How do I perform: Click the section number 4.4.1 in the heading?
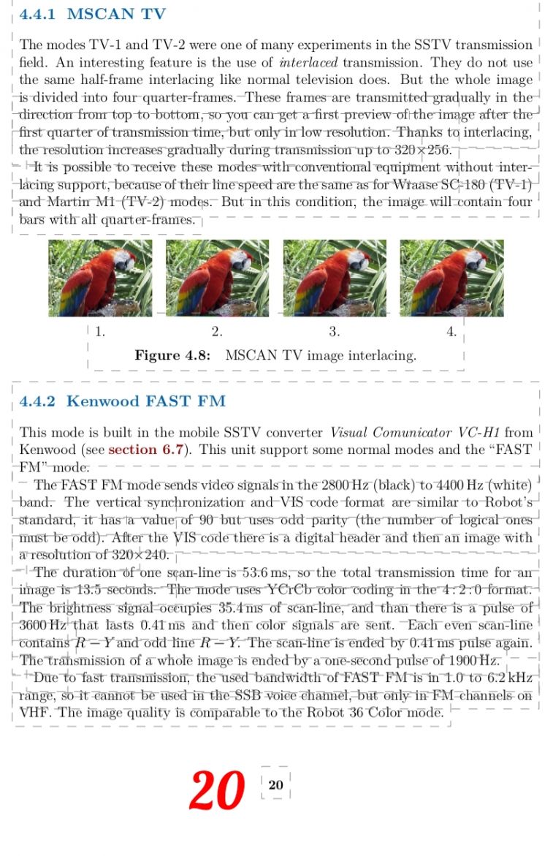tap(42, 14)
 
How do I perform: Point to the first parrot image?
tap(100, 278)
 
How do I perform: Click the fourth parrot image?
tap(451, 278)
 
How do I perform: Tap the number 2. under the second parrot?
tap(217, 332)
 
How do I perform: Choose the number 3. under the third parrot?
tap(334, 332)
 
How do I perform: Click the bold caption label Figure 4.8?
tap(173, 356)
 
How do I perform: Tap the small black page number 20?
tap(275, 785)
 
